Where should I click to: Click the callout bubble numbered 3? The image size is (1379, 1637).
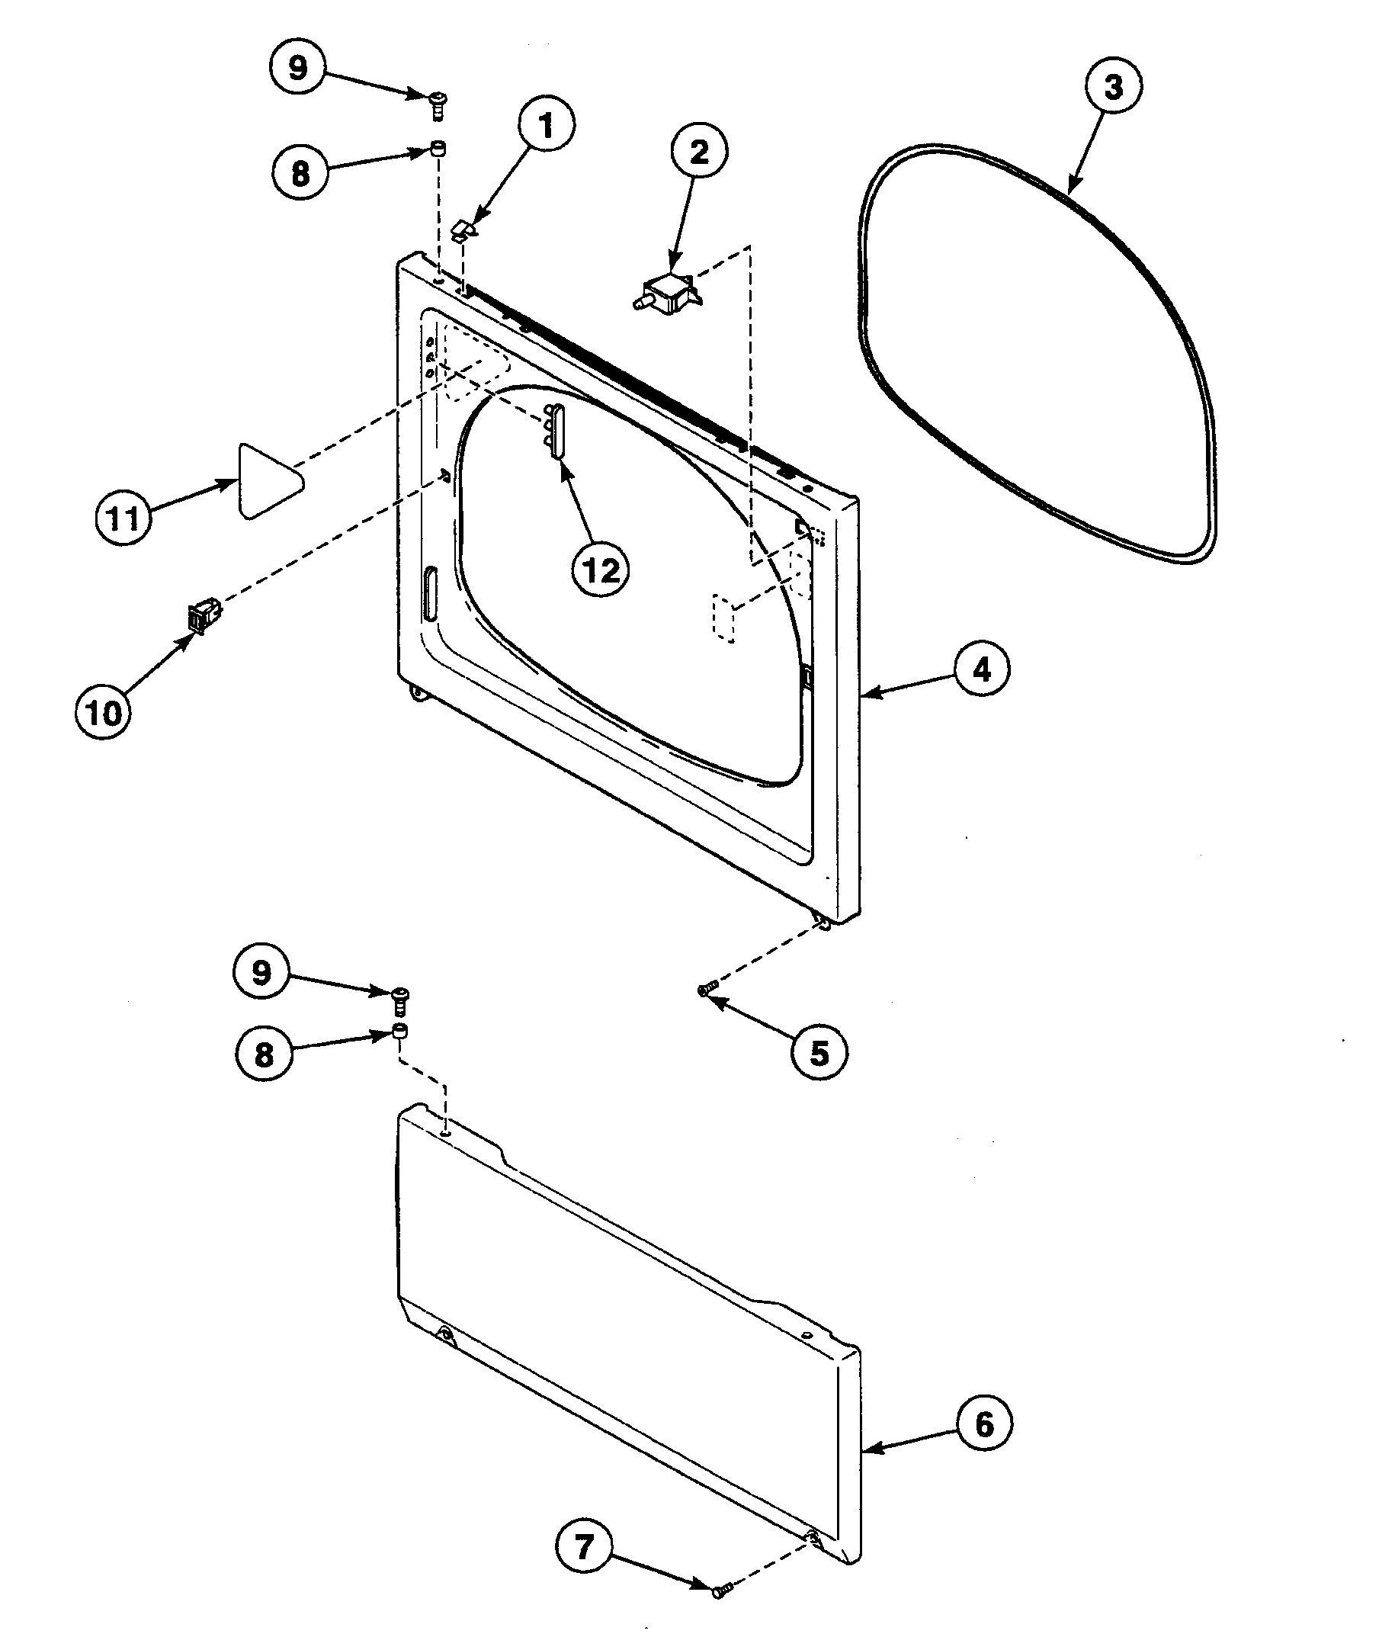pyautogui.click(x=1113, y=87)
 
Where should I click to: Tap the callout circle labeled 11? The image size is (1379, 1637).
pyautogui.click(x=123, y=518)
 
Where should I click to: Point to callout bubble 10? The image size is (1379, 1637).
pyautogui.click(x=103, y=712)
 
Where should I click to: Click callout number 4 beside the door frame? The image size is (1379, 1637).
pyautogui.click(x=981, y=669)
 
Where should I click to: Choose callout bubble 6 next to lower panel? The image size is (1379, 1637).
pyautogui.click(x=983, y=1424)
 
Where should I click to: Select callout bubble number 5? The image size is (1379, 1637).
pyautogui.click(x=819, y=1053)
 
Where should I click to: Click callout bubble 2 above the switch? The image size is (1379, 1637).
pyautogui.click(x=699, y=151)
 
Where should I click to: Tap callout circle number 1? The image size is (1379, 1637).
pyautogui.click(x=546, y=125)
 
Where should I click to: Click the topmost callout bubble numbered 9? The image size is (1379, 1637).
pyautogui.click(x=298, y=68)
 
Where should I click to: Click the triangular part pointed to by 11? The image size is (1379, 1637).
pyautogui.click(x=266, y=481)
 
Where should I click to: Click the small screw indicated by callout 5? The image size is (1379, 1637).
pyautogui.click(x=704, y=990)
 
